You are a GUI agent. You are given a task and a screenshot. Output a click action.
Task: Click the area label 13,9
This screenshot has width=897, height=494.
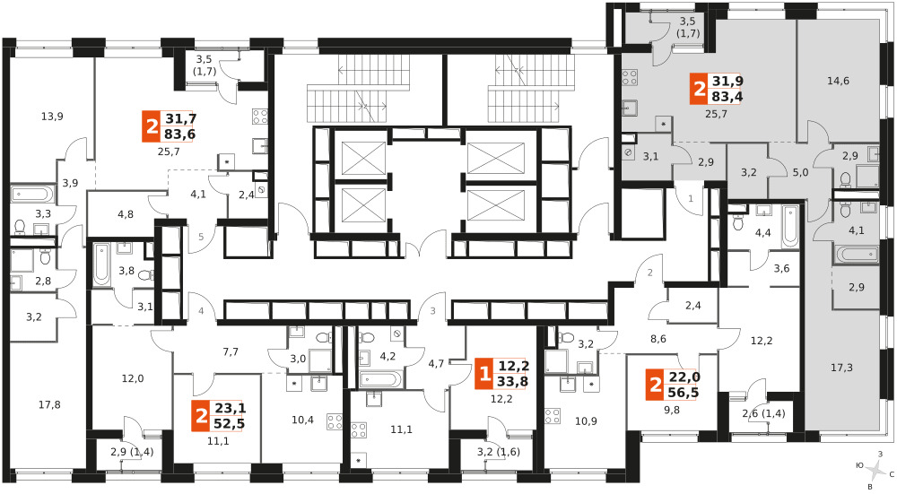(52, 117)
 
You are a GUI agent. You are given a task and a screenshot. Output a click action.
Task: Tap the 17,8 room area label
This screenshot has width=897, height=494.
(49, 405)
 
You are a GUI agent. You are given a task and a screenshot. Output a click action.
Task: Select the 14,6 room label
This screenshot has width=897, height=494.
(838, 82)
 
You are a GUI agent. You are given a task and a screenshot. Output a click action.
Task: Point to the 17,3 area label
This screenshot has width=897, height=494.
(841, 368)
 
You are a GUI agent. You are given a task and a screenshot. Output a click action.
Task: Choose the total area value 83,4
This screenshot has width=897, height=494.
(727, 97)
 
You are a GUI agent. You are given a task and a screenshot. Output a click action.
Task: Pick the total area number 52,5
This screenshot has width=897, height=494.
(231, 423)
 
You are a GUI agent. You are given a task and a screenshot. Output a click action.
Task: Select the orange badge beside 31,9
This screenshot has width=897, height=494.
(699, 89)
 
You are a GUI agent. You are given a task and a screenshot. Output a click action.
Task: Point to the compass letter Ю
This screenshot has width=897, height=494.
(859, 465)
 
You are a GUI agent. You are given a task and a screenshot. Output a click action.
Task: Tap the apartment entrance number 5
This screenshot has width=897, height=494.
(201, 236)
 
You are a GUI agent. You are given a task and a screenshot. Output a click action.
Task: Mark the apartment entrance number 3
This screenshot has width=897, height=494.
(433, 311)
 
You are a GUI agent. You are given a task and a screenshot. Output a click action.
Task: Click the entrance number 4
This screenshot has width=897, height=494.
(201, 311)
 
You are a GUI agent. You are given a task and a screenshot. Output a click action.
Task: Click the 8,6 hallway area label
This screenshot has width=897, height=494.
(658, 339)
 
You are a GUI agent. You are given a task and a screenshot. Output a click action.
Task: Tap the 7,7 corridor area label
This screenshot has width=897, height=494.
(231, 351)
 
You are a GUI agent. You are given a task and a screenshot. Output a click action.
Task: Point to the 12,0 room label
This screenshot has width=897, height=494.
(132, 378)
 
